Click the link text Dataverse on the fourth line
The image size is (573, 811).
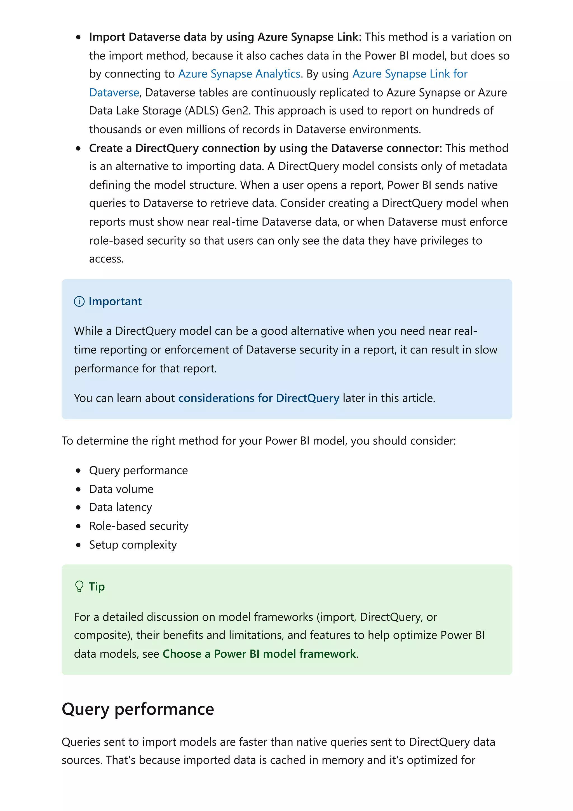click(x=114, y=93)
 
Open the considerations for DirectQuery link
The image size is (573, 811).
click(x=259, y=398)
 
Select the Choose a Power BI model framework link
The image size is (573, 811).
click(x=259, y=654)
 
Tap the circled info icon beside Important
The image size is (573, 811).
click(x=79, y=301)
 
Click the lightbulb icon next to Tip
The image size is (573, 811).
click(x=79, y=587)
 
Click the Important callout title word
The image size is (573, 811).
click(x=115, y=301)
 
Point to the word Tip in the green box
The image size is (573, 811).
click(x=97, y=587)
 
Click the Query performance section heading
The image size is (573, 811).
click(x=138, y=709)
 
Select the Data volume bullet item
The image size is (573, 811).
click(x=121, y=489)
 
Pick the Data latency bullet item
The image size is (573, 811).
click(x=120, y=508)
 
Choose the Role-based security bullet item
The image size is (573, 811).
click(x=138, y=526)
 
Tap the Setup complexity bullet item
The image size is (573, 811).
click(x=133, y=545)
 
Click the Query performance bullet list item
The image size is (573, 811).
click(x=138, y=470)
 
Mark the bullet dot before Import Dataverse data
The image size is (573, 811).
click(x=78, y=37)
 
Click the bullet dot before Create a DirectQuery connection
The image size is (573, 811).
click(x=78, y=148)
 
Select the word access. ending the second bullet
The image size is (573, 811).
click(x=106, y=259)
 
